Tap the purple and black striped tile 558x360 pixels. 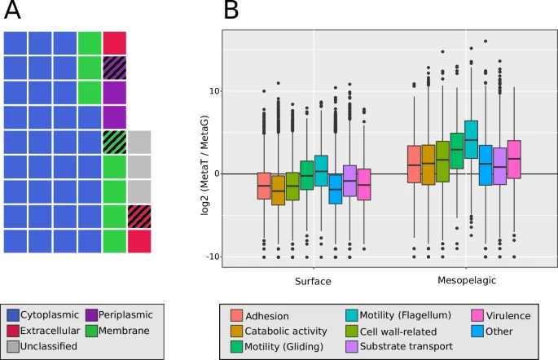point(115,68)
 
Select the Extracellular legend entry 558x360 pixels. point(48,331)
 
